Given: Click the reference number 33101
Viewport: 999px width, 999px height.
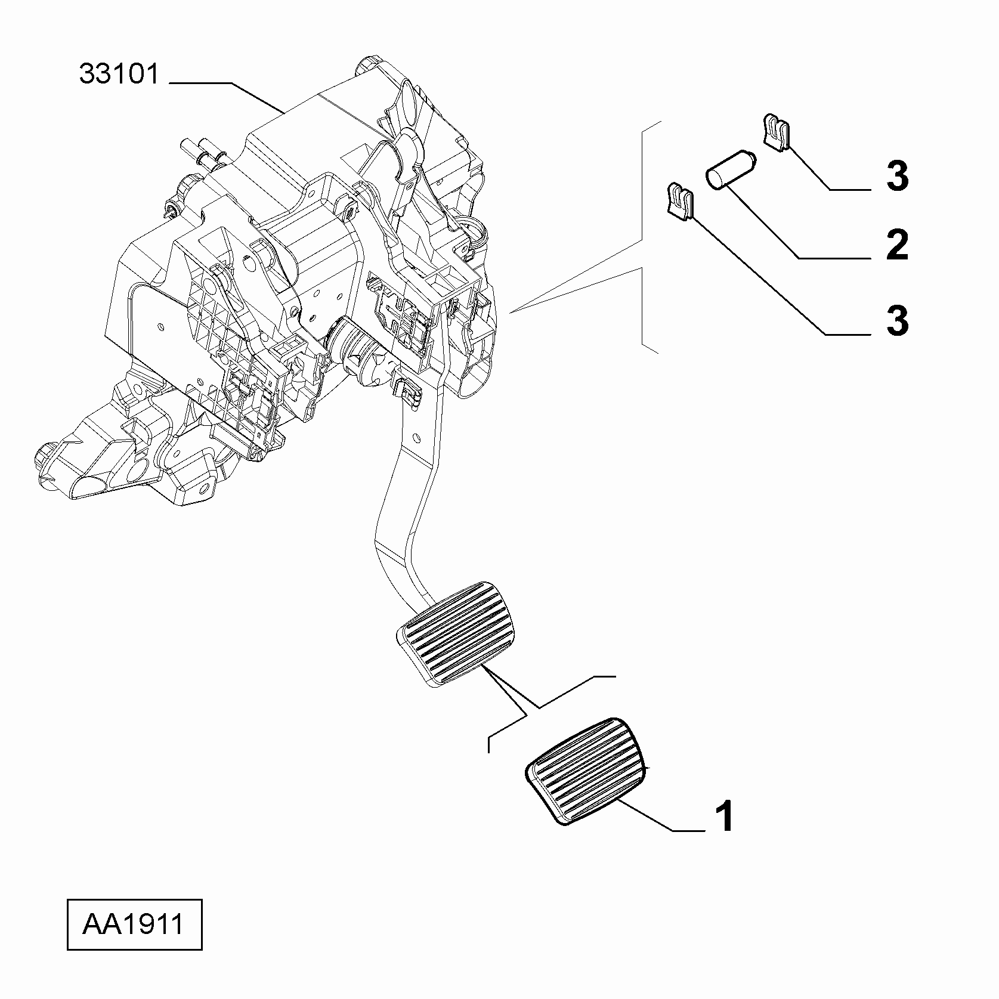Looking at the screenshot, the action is [120, 75].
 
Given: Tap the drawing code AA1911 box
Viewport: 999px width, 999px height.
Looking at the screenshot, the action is [134, 925].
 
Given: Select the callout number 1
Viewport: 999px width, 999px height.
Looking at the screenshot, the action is [725, 816].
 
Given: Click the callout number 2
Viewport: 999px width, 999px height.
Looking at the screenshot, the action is [897, 245].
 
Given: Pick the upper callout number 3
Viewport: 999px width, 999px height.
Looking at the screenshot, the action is [897, 176].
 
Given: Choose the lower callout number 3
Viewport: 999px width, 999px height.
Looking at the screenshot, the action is [897, 320].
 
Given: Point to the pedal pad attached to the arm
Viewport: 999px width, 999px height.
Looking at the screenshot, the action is [456, 635].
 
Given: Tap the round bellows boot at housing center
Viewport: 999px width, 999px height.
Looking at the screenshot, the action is [355, 352].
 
